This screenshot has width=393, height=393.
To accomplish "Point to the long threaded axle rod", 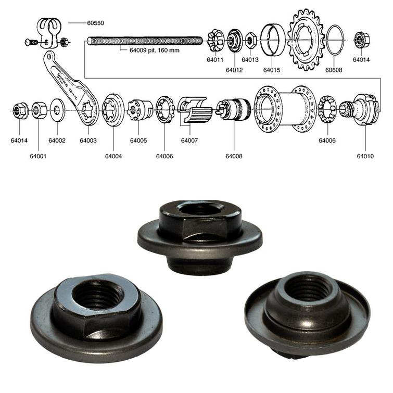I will pos(145,41).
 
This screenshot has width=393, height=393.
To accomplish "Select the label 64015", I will pos(271,69).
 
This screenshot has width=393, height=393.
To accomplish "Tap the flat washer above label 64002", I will pos(57,110).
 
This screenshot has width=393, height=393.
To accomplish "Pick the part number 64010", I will pos(365,156).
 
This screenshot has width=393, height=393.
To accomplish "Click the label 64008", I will pos(234,156).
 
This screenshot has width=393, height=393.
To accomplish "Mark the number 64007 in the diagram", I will pos(189,141).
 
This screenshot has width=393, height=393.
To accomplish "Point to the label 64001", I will pos(38,156).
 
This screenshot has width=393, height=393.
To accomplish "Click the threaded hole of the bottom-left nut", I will pos(98,295).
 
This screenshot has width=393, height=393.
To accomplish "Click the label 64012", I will pos(234,69).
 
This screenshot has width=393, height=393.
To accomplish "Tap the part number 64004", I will pos(113,156).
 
